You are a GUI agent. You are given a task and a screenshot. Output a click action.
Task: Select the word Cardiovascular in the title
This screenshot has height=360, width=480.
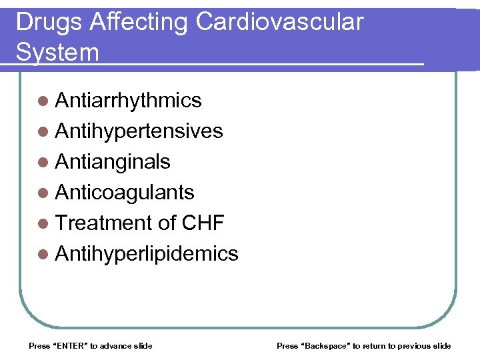279,22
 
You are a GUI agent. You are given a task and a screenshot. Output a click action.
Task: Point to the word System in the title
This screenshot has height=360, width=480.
57,52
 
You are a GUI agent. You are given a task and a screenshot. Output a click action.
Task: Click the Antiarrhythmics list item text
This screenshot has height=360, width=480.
128,100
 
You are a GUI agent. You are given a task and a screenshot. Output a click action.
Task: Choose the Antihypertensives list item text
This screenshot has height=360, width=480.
139,131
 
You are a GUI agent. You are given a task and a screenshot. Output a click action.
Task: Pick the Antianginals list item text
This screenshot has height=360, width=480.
113,161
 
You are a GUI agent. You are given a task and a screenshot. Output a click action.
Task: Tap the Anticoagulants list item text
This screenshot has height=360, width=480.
125,192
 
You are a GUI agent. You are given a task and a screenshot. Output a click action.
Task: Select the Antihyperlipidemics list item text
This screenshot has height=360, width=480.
147,253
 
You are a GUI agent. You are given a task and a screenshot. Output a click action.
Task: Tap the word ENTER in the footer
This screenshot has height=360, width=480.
69,345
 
